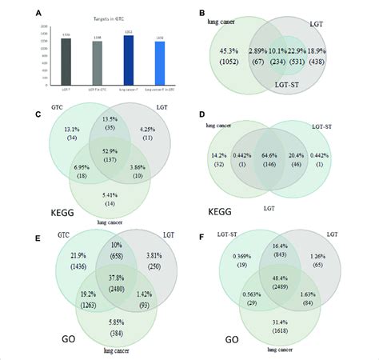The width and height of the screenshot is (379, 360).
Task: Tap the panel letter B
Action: [x=204, y=12]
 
